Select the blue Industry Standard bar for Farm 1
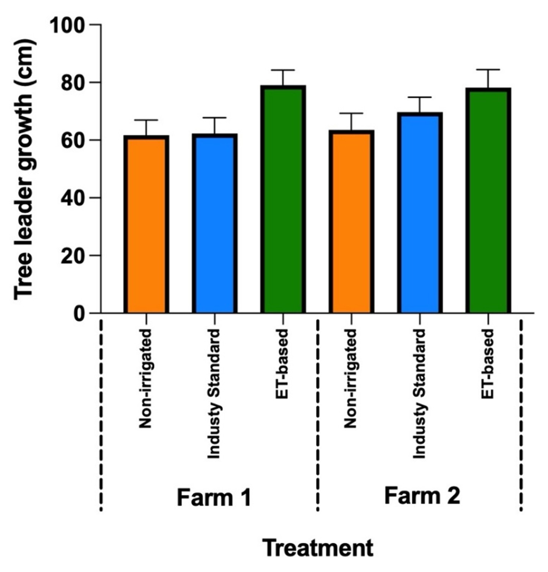point(214,224)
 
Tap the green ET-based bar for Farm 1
point(283,200)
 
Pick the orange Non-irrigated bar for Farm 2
point(351,222)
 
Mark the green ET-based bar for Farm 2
point(488,201)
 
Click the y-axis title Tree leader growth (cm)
point(24,169)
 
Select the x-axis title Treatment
point(318,548)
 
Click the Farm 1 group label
point(214,497)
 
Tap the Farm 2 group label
point(422,496)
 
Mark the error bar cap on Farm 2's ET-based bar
point(488,70)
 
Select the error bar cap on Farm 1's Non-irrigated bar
point(146,120)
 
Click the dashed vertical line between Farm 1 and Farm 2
point(318,414)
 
